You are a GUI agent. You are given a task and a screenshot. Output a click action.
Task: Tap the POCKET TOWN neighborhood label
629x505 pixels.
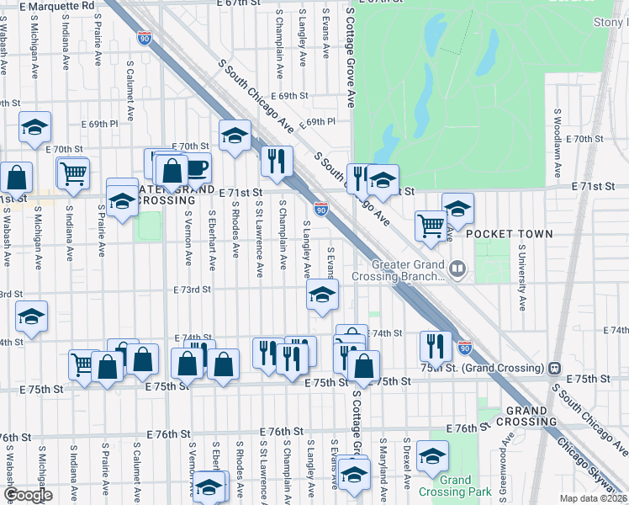510,234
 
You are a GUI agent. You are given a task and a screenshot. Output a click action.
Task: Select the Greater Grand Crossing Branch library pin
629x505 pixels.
457,269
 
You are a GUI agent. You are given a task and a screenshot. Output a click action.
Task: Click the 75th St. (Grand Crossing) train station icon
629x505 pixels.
554,368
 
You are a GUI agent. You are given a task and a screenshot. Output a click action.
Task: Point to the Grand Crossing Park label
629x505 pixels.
455,486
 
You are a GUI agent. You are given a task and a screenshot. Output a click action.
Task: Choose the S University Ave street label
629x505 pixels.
521,277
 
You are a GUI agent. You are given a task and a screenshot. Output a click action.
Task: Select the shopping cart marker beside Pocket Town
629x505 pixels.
431,225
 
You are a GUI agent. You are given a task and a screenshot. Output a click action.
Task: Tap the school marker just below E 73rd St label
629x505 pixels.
321,295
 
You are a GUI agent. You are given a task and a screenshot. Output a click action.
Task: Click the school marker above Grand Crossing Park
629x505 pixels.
432,456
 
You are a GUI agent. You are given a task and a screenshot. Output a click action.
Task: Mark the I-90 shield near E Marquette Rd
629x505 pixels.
145,38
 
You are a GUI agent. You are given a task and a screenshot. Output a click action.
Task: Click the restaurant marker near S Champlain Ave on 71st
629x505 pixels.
277,161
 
